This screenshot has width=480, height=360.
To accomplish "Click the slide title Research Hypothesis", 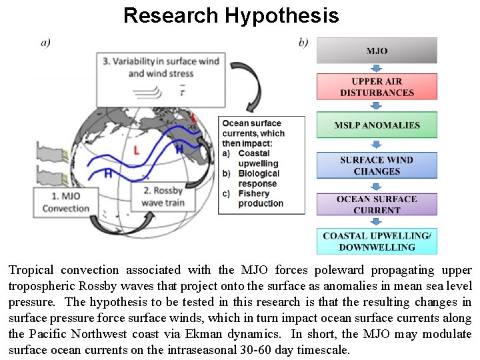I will tap(231, 15).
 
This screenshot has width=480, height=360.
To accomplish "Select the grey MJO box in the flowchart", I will tap(377, 51).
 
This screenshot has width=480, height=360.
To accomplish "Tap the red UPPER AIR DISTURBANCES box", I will tap(377, 87).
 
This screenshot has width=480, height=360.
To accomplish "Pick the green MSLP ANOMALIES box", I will tap(377, 125).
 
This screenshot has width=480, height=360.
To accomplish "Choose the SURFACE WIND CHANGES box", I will tap(377, 165).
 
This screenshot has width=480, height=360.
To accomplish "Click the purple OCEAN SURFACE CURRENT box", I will tap(377, 205).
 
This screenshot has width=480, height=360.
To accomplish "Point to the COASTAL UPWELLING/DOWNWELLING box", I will tap(377, 241).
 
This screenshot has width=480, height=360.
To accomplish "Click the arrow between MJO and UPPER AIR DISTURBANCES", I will tap(377, 68).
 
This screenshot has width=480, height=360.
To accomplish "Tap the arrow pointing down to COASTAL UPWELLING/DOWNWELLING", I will tap(377, 223).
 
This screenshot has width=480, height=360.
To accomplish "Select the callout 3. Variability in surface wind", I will tap(161, 67).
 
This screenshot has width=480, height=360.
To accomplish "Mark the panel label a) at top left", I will tap(45, 43).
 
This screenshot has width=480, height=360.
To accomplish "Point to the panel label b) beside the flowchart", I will tap(303, 43).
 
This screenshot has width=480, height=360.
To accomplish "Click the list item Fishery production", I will tap(261, 198).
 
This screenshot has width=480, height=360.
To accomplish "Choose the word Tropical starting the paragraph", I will tap(30, 270).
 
